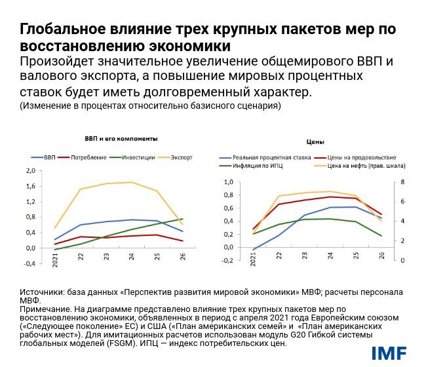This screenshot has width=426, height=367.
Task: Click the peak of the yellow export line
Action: [132, 182]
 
